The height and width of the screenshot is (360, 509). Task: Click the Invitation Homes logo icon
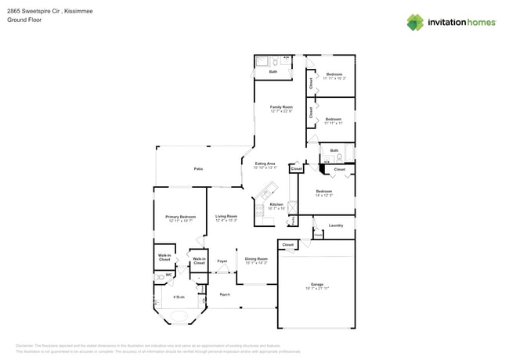[x=414, y=22]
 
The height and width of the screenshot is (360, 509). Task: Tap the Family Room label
[x=281, y=106]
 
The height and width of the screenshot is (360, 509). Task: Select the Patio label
[x=199, y=168]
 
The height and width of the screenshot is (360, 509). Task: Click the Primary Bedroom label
[x=180, y=217]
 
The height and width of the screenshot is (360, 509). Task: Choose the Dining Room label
[x=256, y=258]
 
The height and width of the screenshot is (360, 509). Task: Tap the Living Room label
[x=226, y=217]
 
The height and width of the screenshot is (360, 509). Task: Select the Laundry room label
[x=335, y=225]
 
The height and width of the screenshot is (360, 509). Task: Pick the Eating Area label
[x=265, y=164]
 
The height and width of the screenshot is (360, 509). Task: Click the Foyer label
[x=222, y=261]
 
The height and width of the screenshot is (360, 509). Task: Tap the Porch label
[x=225, y=294]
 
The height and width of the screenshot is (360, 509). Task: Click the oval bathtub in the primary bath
[x=180, y=317]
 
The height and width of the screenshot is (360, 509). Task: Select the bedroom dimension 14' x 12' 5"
[x=324, y=195]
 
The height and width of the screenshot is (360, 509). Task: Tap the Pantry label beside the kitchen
[x=292, y=221]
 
